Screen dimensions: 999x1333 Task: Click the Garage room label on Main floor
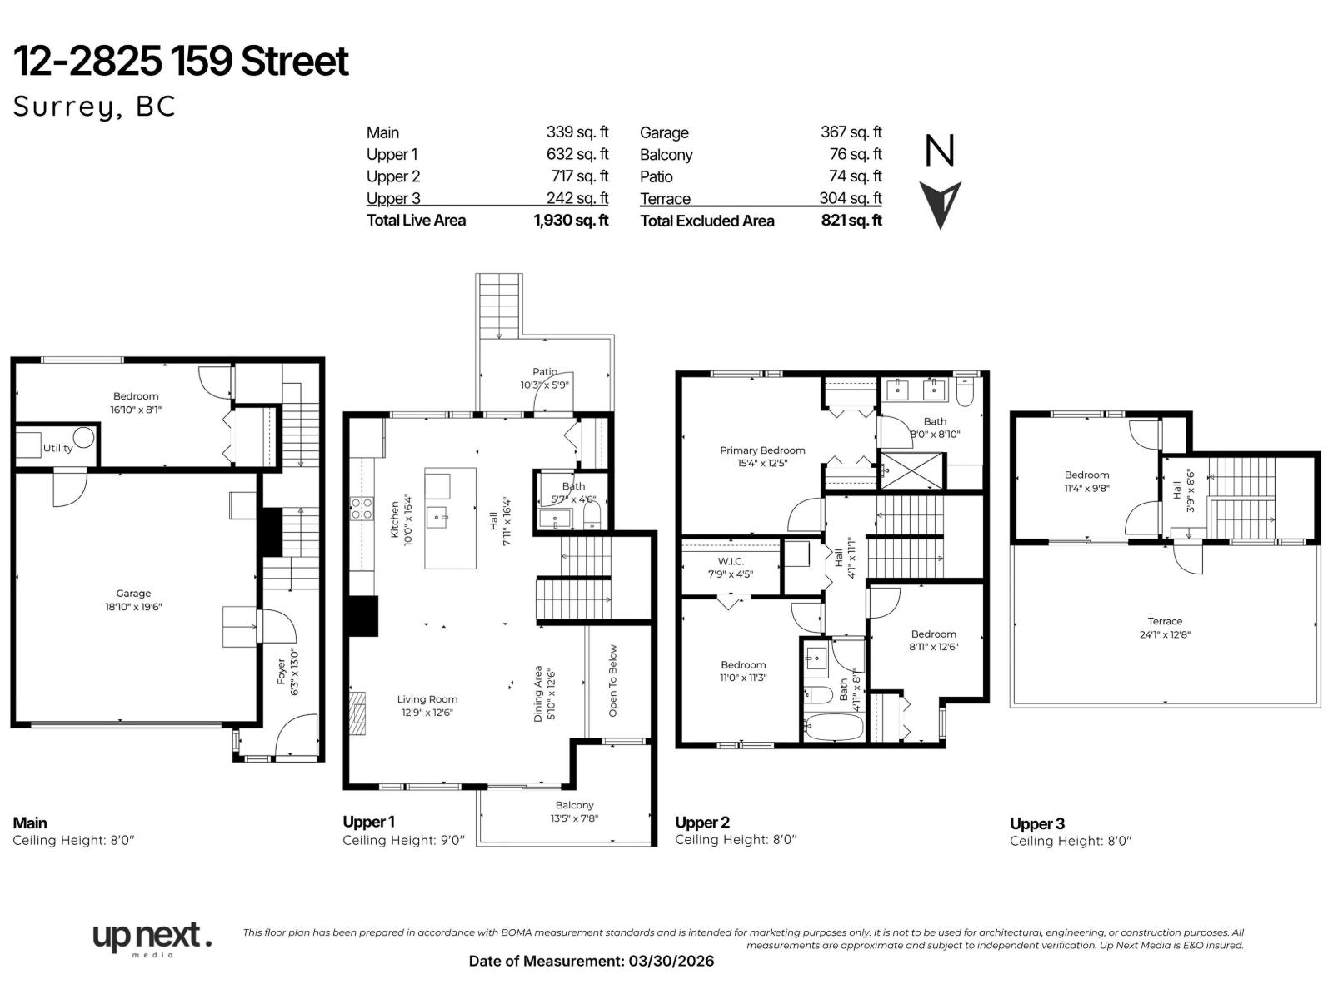tap(133, 594)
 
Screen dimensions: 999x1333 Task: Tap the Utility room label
tap(58, 448)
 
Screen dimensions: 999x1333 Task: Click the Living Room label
tap(427, 699)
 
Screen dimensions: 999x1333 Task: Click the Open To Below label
tap(613, 680)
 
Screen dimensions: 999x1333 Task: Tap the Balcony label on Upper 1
tap(574, 805)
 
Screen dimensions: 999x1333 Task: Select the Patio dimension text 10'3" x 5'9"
tap(545, 385)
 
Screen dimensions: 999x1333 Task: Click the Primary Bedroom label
tap(762, 450)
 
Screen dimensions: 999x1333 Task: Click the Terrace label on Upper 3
tap(1164, 621)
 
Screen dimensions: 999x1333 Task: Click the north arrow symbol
tap(941, 204)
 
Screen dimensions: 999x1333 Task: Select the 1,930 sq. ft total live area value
tap(571, 221)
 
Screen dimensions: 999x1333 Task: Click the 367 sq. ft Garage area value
tap(851, 132)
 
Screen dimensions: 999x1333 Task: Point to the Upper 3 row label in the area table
tap(393, 198)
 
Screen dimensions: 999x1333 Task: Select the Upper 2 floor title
tap(702, 823)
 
